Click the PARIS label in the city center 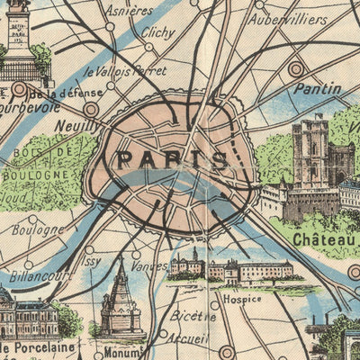(171, 160)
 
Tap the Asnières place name (129, 11)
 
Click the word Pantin (316, 88)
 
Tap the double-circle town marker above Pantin (296, 68)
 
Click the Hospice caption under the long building (242, 298)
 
